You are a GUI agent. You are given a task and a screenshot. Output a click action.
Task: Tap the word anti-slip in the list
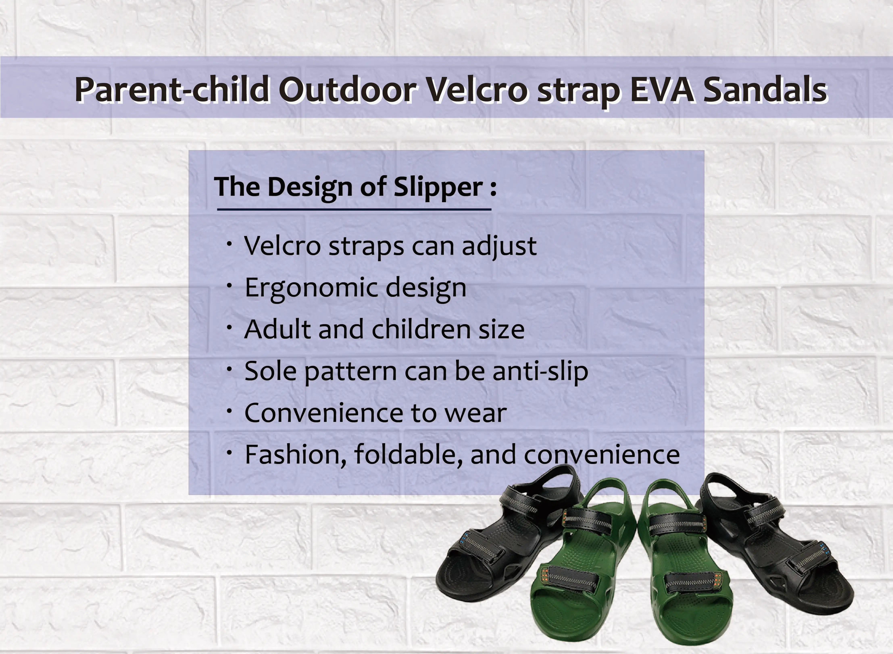tap(540, 371)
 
